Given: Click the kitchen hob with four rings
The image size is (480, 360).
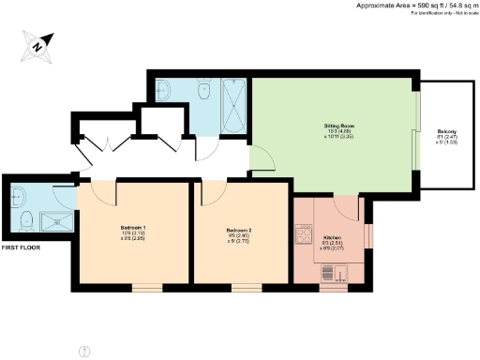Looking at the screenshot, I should coord(304,234).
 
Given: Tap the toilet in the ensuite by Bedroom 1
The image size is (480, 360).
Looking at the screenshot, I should coord(26,221).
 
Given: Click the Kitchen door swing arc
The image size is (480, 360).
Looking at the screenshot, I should coord(347,208).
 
